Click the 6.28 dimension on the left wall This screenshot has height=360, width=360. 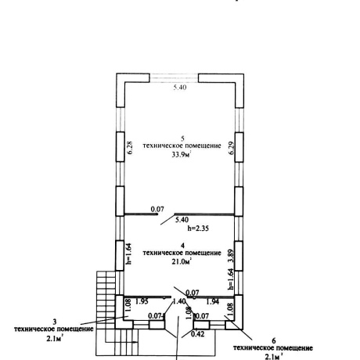[130, 148]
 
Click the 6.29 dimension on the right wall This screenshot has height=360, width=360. [232, 148]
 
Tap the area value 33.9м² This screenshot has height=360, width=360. [182, 155]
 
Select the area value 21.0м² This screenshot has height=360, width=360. [182, 261]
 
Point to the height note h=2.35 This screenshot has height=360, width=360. [198, 229]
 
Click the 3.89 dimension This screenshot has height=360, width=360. [231, 257]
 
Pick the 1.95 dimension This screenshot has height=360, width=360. [142, 301]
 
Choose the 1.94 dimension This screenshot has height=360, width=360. [213, 302]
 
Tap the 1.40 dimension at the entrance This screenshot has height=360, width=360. [179, 301]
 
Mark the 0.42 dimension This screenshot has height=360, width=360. [198, 334]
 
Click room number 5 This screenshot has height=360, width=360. [182, 138]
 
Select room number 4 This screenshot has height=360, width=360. [182, 246]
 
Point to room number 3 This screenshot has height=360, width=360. [55, 322]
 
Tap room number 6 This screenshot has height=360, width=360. [274, 340]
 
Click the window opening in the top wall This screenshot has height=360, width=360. [174, 78]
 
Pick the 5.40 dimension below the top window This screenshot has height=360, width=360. [180, 87]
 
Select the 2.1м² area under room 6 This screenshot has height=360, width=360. [274, 357]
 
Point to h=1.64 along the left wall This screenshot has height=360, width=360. [128, 254]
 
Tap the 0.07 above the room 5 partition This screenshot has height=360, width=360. [157, 209]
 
